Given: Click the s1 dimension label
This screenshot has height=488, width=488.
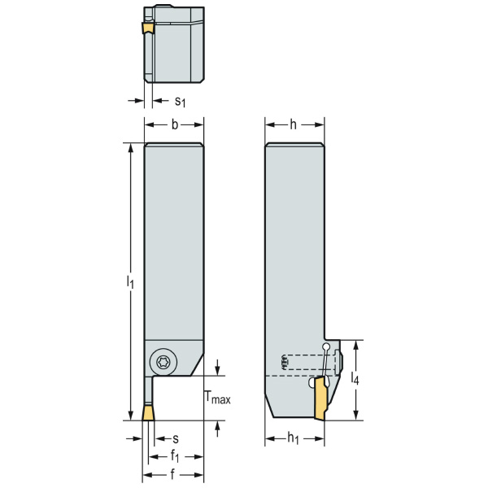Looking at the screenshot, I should click(181, 102).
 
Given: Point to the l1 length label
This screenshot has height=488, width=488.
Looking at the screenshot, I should click(129, 281).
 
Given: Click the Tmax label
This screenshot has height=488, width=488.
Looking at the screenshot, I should click(216, 399).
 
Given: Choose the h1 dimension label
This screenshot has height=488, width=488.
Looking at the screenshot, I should click(294, 438).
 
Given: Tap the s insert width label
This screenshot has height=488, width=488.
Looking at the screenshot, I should click(175, 438).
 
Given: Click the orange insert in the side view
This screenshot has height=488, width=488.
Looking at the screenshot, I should click(320, 402).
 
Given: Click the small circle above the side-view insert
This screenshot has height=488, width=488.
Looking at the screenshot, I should click(326, 347).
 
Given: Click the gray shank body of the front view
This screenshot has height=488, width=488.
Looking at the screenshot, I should click(174, 244).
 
